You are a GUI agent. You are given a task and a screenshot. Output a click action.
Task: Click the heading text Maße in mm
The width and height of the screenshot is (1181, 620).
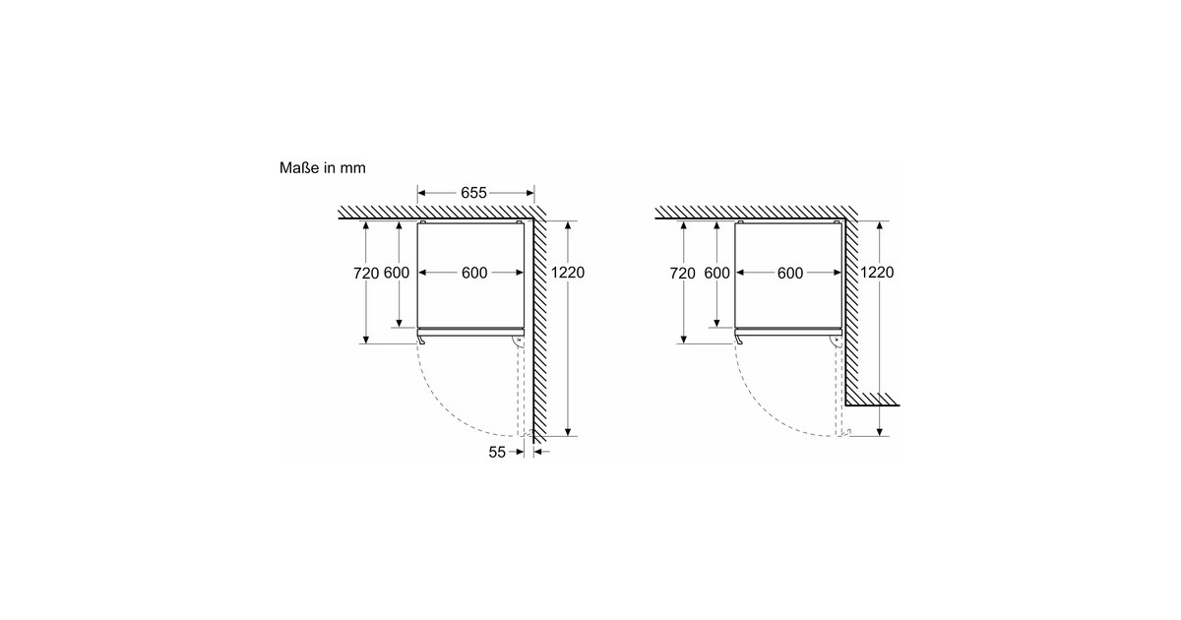[x=322, y=167]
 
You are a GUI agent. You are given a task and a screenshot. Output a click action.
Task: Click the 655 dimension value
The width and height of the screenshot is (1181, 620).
[x=473, y=193]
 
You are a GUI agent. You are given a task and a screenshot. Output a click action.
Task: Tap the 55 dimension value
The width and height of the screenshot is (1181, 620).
[x=497, y=453]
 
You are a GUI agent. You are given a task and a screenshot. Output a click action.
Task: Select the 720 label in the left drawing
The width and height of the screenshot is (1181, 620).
[x=366, y=274]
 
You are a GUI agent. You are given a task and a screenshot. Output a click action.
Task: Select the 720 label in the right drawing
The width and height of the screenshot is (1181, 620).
[x=682, y=274]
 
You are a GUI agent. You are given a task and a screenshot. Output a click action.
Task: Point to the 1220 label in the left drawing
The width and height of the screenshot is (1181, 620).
[x=568, y=273]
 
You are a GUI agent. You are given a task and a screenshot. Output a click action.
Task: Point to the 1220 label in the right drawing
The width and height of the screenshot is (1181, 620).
[x=877, y=273]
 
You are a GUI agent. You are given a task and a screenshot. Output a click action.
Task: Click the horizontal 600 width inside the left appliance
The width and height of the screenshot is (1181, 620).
[x=474, y=274]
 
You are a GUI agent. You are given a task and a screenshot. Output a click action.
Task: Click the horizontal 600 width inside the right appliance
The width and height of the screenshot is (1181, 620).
[x=789, y=274]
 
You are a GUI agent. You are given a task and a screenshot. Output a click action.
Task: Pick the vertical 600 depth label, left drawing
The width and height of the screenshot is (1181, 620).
[x=397, y=274]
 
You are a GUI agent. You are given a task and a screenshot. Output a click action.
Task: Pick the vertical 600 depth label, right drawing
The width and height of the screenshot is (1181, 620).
[x=717, y=274]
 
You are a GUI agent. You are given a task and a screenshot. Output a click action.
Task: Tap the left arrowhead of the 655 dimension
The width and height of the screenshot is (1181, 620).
[x=421, y=193]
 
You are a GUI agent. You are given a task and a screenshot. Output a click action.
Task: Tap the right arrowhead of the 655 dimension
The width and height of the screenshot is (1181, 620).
[x=530, y=193]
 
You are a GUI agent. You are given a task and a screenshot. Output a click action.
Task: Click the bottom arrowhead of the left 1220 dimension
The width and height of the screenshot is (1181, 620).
[x=568, y=432]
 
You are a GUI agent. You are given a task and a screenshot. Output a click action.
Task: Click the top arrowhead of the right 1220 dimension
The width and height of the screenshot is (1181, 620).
[x=880, y=225]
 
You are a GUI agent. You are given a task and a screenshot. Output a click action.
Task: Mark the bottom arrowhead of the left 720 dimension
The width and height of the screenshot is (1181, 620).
[x=366, y=341]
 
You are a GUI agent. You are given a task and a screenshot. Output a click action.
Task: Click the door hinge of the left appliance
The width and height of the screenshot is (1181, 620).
[x=519, y=341]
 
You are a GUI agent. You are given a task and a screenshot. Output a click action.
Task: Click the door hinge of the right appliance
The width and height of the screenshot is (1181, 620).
[x=837, y=341]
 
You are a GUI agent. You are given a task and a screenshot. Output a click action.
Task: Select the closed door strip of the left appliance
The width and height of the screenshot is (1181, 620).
[x=470, y=333]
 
